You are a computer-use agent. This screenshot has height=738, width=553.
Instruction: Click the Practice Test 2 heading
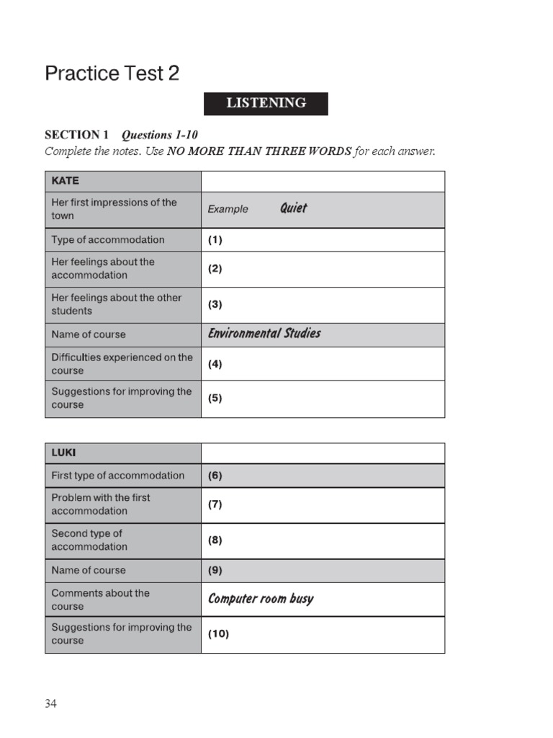(x=112, y=74)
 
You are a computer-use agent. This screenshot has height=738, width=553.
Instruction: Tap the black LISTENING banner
(x=266, y=103)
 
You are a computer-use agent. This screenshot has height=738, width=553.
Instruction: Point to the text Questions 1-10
(x=159, y=135)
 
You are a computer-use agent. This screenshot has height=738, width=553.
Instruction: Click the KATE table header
(x=65, y=180)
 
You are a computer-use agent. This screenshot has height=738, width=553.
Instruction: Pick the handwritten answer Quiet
(x=293, y=208)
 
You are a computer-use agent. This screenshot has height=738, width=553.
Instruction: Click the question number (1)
(x=215, y=240)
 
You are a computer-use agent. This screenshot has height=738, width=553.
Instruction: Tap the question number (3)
(x=215, y=304)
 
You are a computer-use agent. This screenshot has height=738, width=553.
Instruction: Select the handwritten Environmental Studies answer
(x=264, y=333)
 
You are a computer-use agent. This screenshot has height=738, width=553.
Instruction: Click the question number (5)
(x=215, y=398)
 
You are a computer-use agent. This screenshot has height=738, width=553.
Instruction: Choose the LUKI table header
(x=63, y=453)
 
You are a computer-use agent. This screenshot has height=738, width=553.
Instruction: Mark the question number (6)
(x=215, y=476)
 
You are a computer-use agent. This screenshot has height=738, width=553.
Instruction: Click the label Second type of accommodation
(x=87, y=540)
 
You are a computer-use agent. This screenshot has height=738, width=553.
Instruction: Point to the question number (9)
(x=215, y=570)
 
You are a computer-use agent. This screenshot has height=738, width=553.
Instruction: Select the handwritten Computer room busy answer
(x=261, y=599)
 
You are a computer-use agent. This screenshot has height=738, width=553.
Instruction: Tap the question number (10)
(x=218, y=634)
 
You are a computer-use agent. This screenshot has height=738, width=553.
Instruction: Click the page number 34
(x=50, y=704)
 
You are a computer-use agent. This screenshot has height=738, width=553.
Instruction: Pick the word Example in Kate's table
(x=228, y=209)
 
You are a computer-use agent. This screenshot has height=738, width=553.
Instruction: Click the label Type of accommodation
(x=108, y=240)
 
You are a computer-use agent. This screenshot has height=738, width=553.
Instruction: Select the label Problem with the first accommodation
(x=101, y=504)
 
